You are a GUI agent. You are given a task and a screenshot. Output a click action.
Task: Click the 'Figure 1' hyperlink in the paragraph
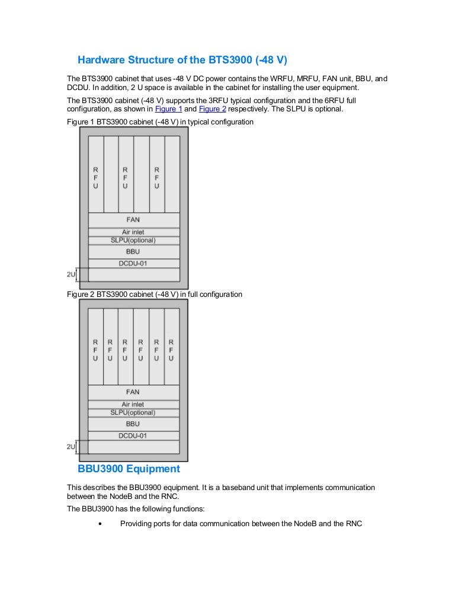coord(168,109)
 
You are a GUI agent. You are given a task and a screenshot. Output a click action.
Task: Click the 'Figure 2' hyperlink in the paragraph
coord(212,109)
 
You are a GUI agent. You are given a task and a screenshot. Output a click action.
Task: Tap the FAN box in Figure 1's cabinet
coord(134,220)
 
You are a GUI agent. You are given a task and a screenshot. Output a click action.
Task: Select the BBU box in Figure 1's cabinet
coord(134,252)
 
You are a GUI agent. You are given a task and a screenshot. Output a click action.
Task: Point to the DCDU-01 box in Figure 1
coord(134,263)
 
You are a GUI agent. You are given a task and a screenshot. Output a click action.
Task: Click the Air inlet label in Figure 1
coord(133,232)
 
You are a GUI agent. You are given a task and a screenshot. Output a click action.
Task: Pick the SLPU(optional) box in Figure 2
coord(133,413)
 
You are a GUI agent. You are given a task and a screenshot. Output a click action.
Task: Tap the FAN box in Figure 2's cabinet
coord(133,392)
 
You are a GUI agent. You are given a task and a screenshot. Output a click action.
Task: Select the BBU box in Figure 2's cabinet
coord(133,424)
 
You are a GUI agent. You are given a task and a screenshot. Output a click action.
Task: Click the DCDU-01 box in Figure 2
coord(133,436)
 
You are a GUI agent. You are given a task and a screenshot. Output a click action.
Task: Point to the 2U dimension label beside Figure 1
coord(71,274)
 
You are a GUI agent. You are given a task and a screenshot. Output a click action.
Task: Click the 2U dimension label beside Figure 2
coord(71,447)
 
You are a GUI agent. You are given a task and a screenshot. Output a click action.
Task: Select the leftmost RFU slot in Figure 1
coord(96,174)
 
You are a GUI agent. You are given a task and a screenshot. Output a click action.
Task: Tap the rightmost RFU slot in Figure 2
coord(172,346)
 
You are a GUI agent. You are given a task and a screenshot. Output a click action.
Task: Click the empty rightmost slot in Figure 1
coord(172,174)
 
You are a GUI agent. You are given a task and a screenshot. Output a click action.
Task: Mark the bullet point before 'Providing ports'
coord(100,524)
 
